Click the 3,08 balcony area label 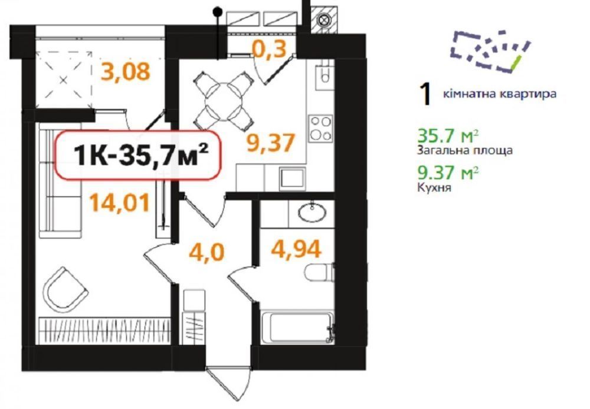[126, 72]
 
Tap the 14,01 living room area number [120, 203]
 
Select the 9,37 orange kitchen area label [270, 143]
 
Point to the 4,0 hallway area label [206, 252]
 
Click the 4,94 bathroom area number [296, 249]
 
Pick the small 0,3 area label [270, 50]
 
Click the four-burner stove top [320, 128]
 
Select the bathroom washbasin [312, 212]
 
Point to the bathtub [297, 326]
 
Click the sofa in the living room [60, 180]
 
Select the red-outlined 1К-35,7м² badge [137, 155]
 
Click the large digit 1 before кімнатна [425, 94]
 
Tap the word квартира [527, 94]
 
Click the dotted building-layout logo [491, 51]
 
